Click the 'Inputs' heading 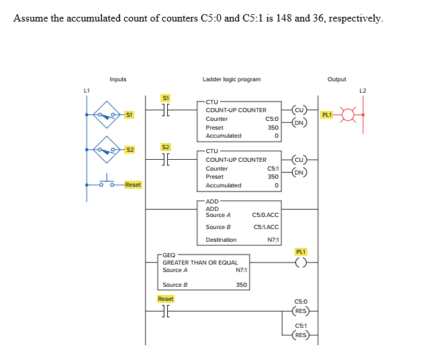point(118,79)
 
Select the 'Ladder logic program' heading point(232,79)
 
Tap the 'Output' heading point(337,79)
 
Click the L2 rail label point(363,89)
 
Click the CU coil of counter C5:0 point(300,110)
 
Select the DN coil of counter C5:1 point(300,173)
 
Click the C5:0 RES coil point(300,311)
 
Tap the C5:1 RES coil point(300,334)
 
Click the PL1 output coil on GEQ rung point(301,263)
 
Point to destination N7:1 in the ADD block point(273,240)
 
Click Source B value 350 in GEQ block point(241,285)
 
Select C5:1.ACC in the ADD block point(266,227)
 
